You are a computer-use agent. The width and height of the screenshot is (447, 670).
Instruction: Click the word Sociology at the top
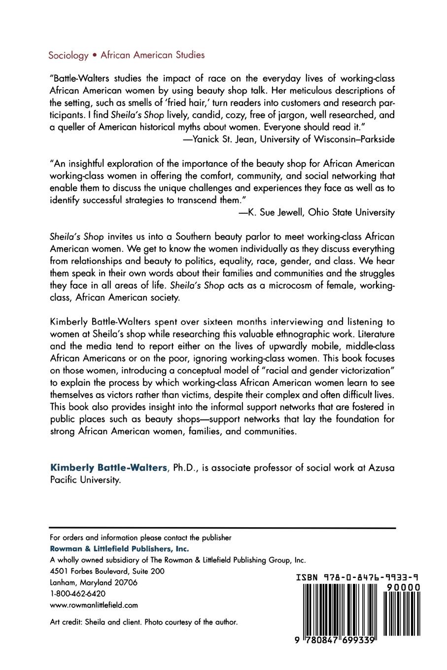[68, 56]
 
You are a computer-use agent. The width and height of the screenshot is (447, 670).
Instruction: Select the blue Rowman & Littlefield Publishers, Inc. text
[120, 549]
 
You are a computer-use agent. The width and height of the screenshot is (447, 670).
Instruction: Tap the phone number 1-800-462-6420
[78, 594]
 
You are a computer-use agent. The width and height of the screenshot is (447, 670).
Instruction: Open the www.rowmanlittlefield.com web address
[94, 605]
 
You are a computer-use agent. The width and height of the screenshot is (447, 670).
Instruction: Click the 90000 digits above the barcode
[403, 588]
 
